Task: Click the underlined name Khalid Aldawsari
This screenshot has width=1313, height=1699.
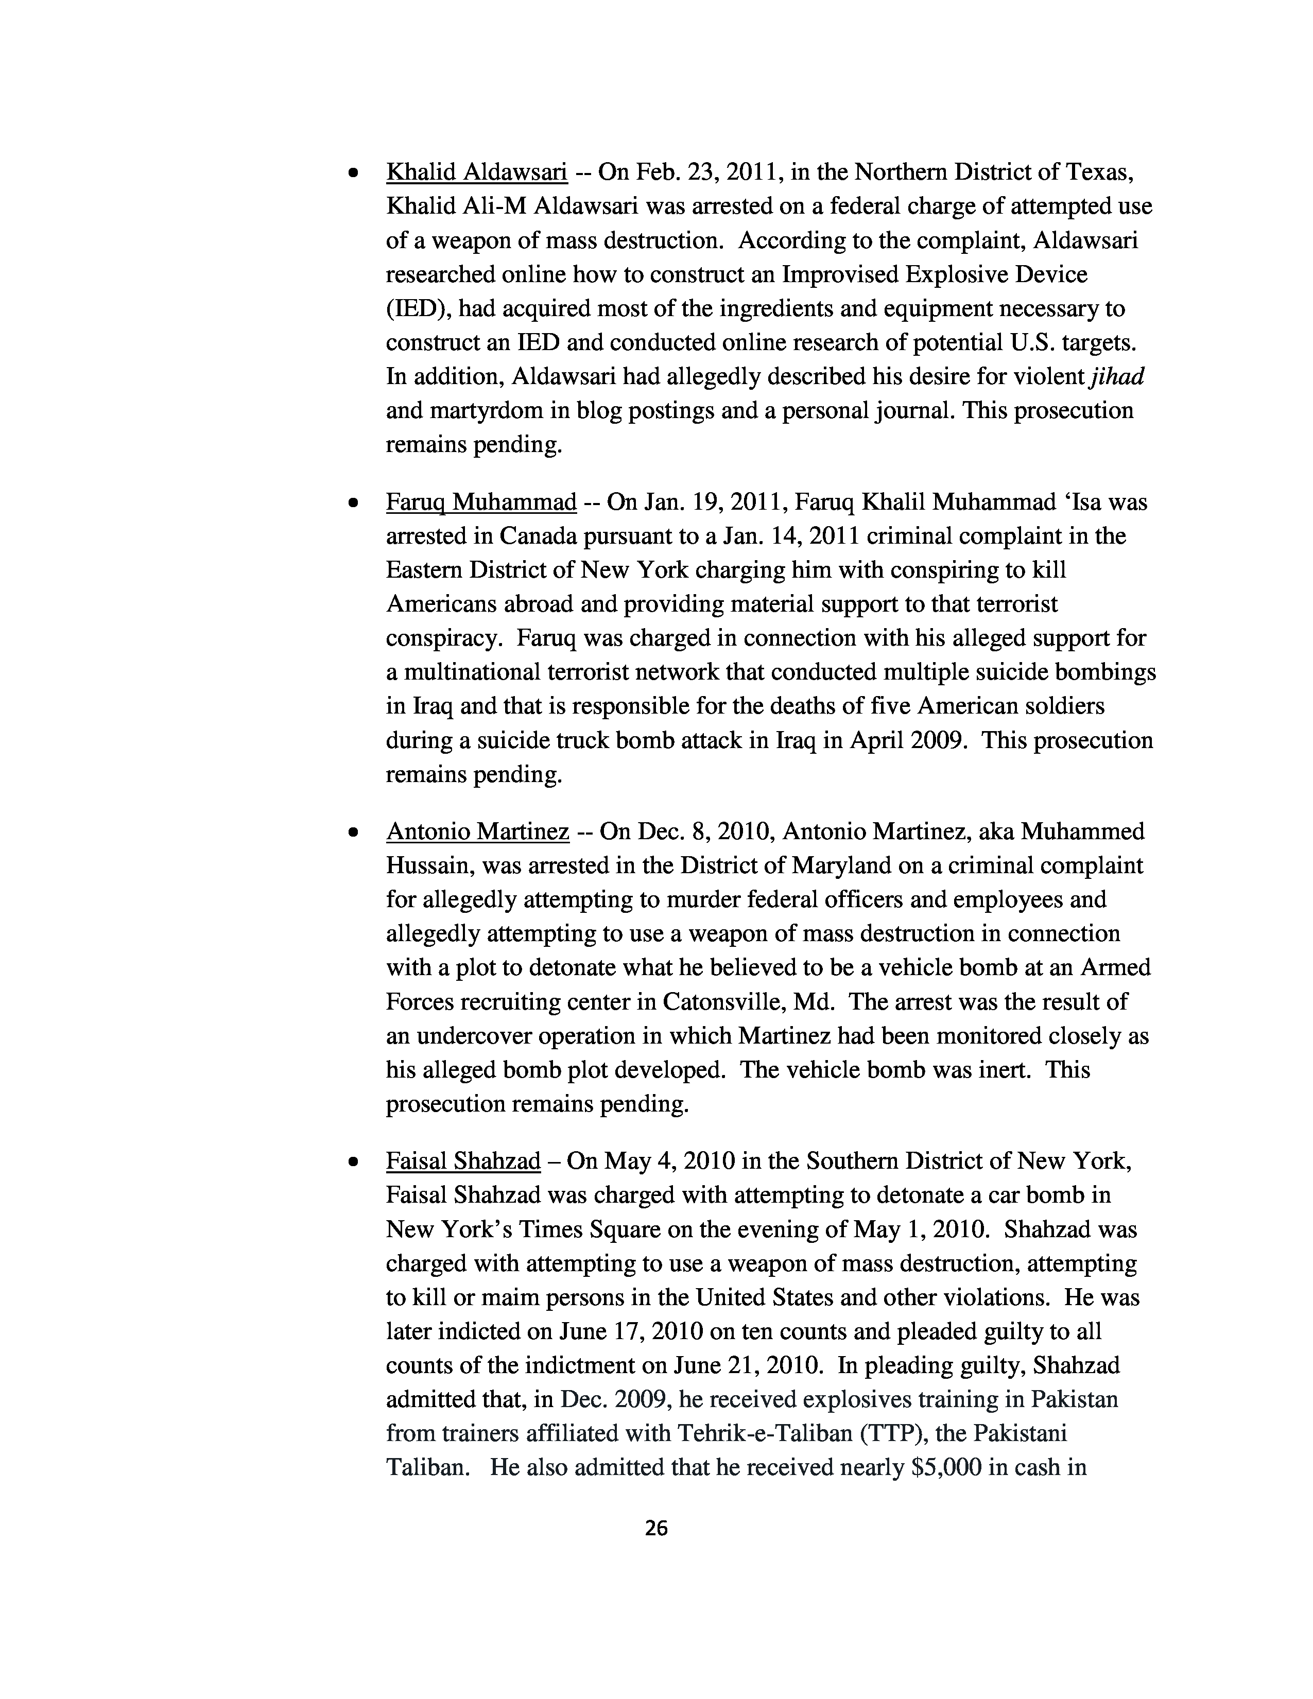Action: [476, 172]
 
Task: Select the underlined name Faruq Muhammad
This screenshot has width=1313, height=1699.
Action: [481, 502]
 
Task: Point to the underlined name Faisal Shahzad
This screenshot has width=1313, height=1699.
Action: [463, 1161]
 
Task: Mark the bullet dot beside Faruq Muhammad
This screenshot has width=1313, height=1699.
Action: [353, 504]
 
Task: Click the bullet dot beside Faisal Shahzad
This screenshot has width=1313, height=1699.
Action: [353, 1163]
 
